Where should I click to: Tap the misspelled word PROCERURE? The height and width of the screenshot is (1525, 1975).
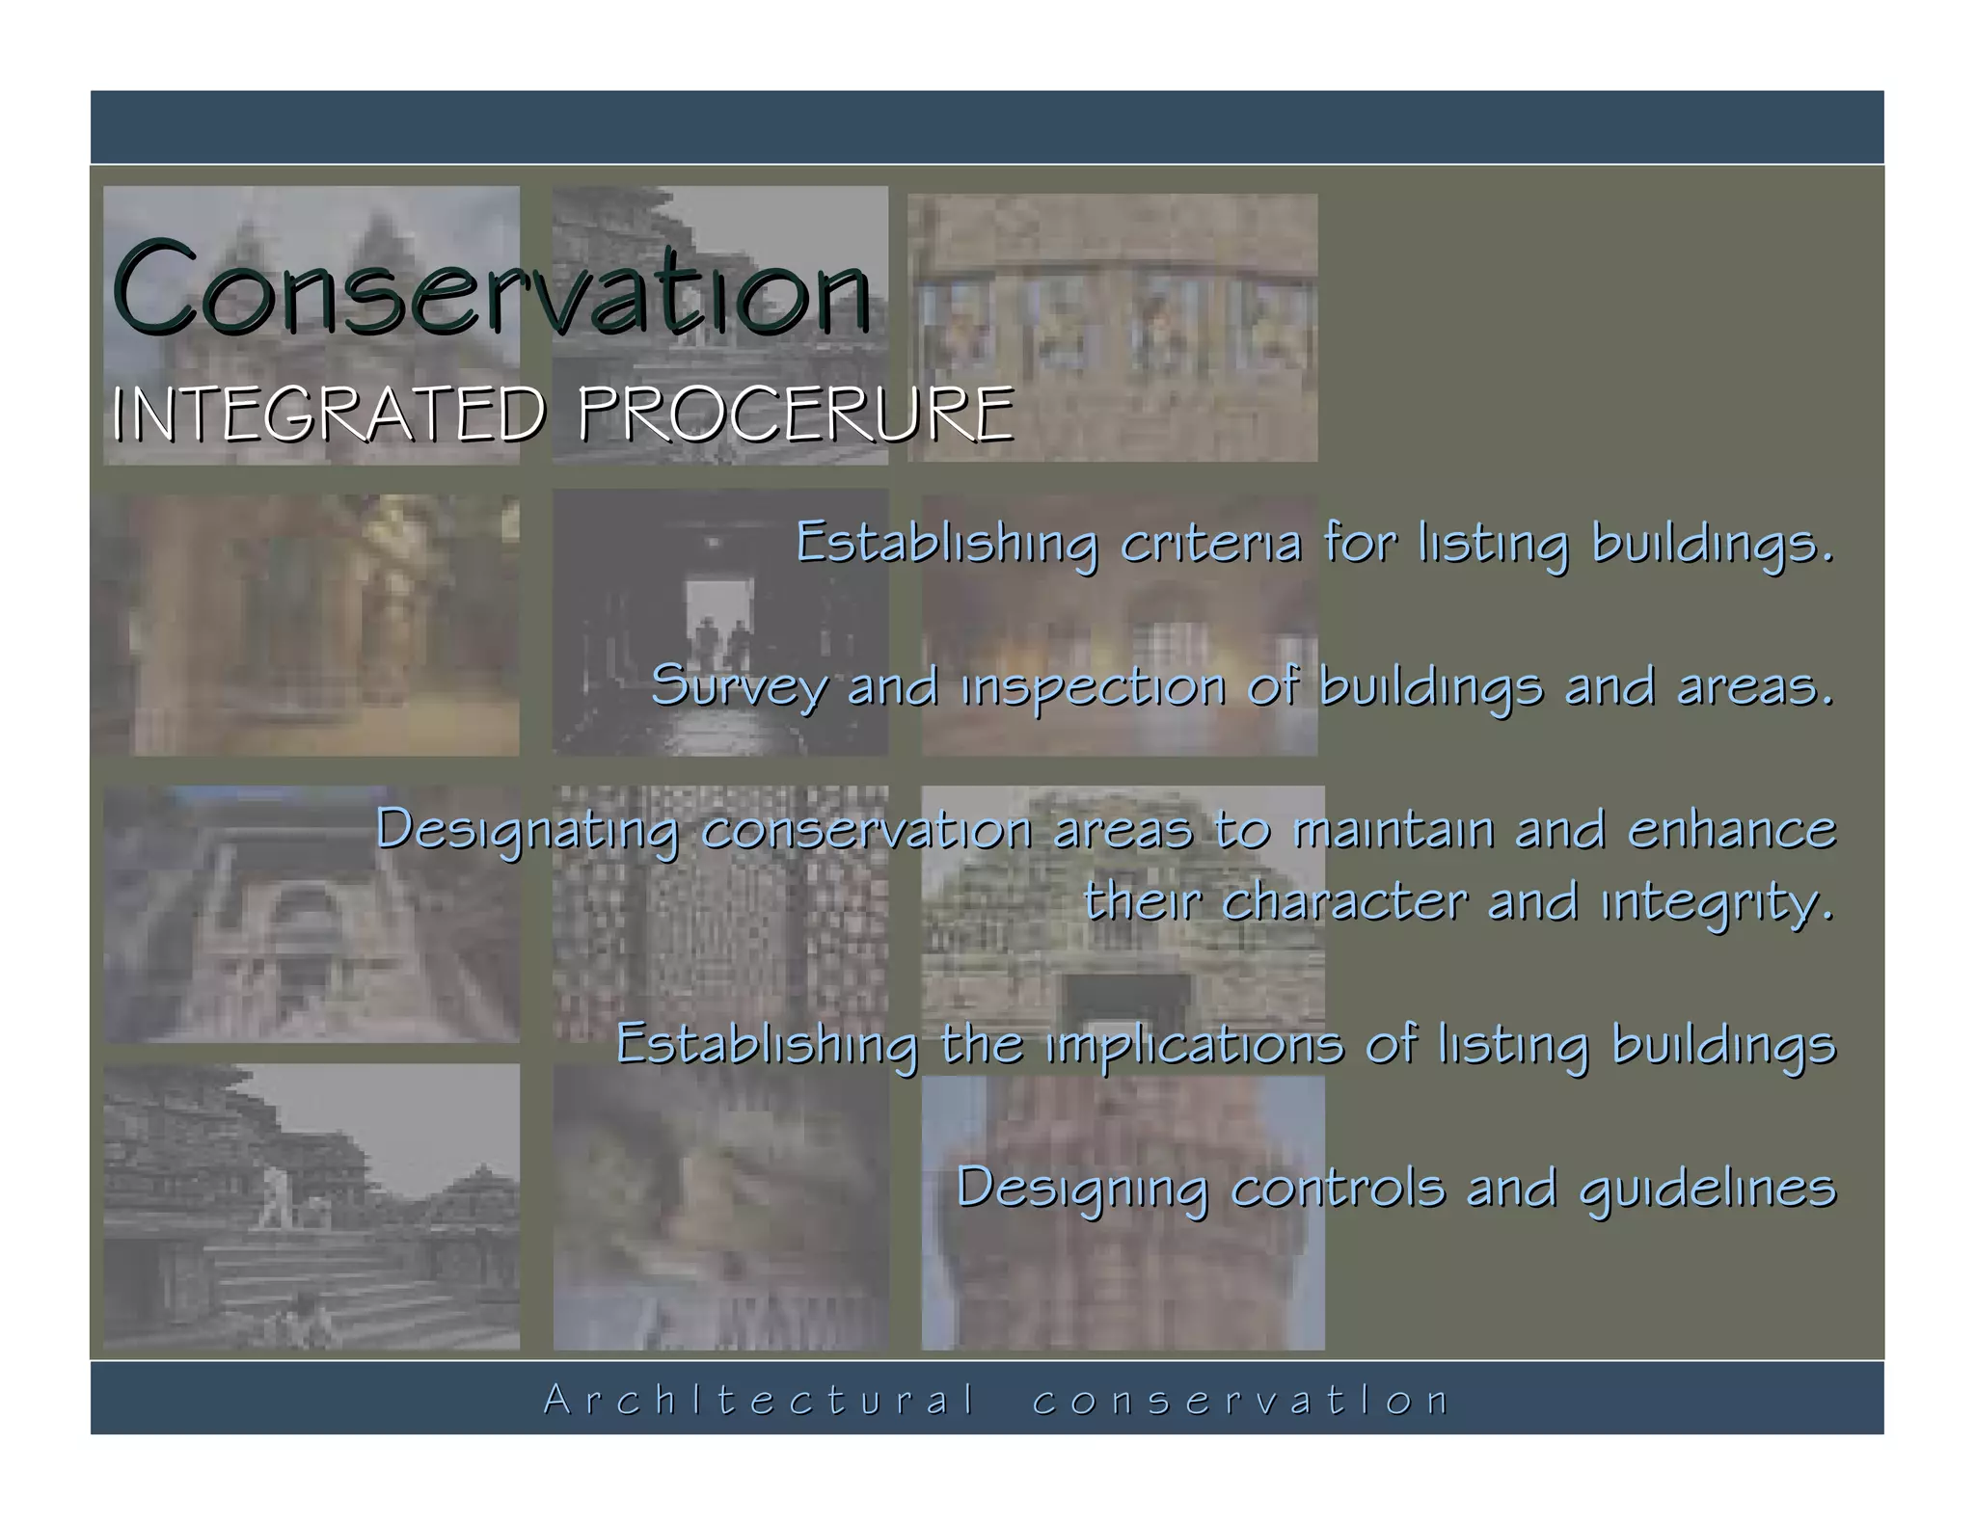tap(796, 415)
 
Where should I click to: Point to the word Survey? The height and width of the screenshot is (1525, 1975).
tap(739, 687)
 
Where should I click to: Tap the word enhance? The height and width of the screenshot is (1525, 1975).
tap(1732, 829)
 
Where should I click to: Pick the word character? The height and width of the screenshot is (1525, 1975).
tap(1344, 902)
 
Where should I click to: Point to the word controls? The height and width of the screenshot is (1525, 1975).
tap(1339, 1187)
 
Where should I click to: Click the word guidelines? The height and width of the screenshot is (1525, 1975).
tap(1708, 1189)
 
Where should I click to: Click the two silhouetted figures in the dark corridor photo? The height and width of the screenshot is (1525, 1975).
tap(722, 637)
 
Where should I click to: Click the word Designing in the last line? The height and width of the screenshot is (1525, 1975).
tap(1082, 1189)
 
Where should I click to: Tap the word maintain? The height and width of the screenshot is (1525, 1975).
tap(1393, 829)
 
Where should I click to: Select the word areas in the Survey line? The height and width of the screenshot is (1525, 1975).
tap(1754, 687)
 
